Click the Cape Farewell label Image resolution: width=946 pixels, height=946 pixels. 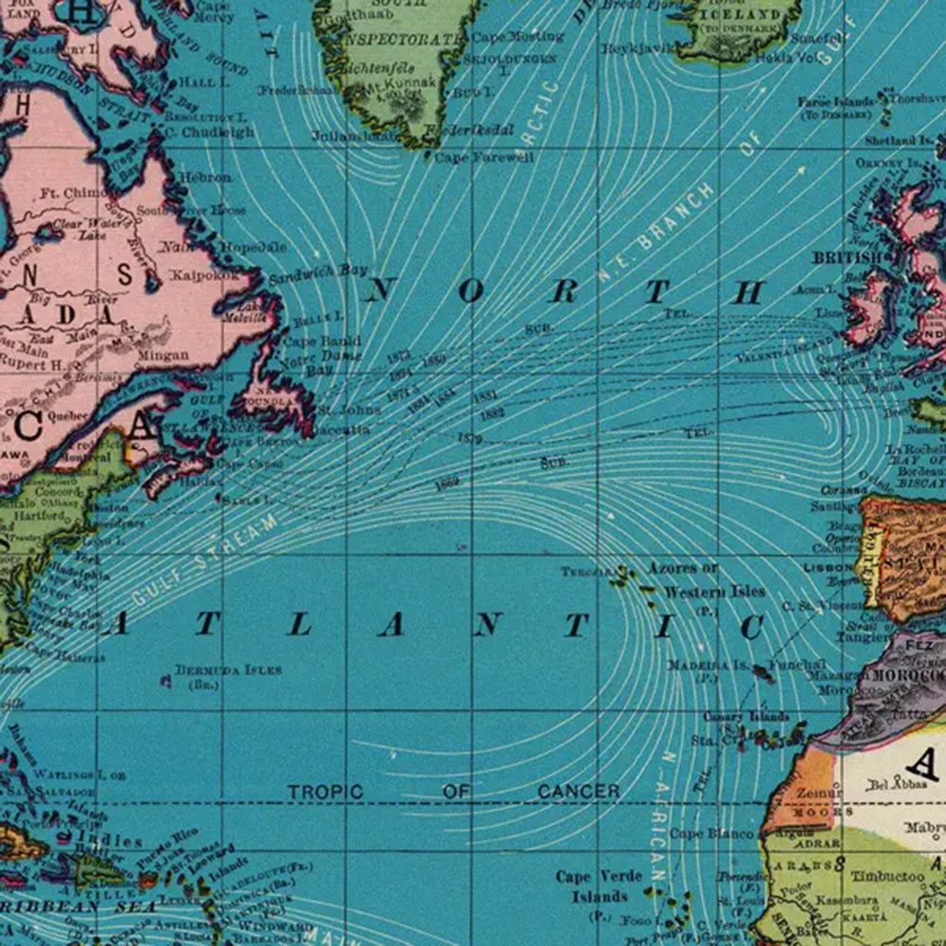(x=483, y=157)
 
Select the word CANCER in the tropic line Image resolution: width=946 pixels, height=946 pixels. (x=578, y=791)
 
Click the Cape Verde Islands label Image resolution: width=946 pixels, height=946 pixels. (x=599, y=885)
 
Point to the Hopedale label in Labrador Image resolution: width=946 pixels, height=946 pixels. (x=253, y=247)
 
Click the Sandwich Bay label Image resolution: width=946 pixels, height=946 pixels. (x=317, y=274)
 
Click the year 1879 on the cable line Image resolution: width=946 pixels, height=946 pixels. (x=469, y=439)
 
